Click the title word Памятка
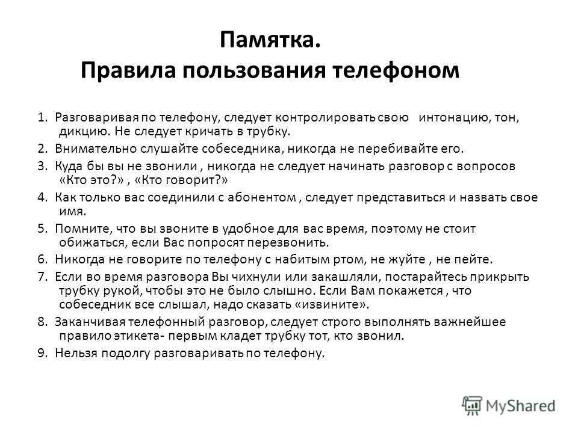pos(270,40)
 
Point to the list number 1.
pos(43,117)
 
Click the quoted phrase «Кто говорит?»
pos(181,180)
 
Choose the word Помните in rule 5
pos(84,229)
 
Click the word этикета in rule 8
pos(135,336)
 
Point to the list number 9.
pos(43,353)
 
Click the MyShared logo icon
pos(472,406)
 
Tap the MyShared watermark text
pos(520,406)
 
